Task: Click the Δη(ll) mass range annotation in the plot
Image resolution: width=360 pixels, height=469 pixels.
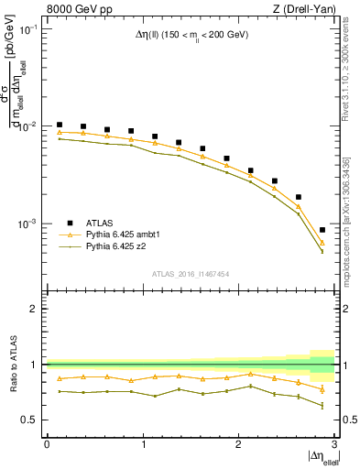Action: (x=191, y=35)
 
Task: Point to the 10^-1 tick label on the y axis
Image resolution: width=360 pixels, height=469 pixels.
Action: (x=28, y=29)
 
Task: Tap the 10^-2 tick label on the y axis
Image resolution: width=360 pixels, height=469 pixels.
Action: (x=28, y=126)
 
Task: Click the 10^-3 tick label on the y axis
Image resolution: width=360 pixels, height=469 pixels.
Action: (x=28, y=224)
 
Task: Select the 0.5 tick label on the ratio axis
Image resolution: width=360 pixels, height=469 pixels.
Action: (x=32, y=420)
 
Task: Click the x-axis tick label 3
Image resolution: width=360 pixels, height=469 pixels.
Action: (x=335, y=444)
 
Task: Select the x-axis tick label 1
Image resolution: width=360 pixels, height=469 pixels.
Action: (x=143, y=444)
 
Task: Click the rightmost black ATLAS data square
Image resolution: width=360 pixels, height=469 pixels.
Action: (x=322, y=230)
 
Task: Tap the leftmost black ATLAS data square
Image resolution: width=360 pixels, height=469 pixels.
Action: (x=60, y=125)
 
